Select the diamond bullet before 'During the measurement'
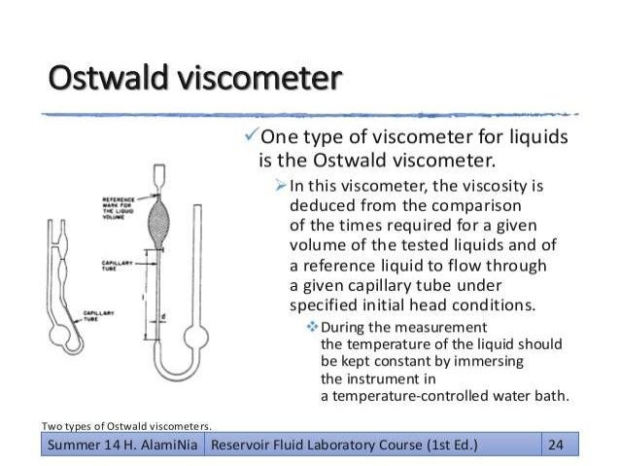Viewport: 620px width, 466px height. (x=311, y=326)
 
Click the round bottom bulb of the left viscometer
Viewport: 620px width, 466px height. (x=62, y=340)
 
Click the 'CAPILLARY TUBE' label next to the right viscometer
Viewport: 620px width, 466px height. (x=118, y=266)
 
